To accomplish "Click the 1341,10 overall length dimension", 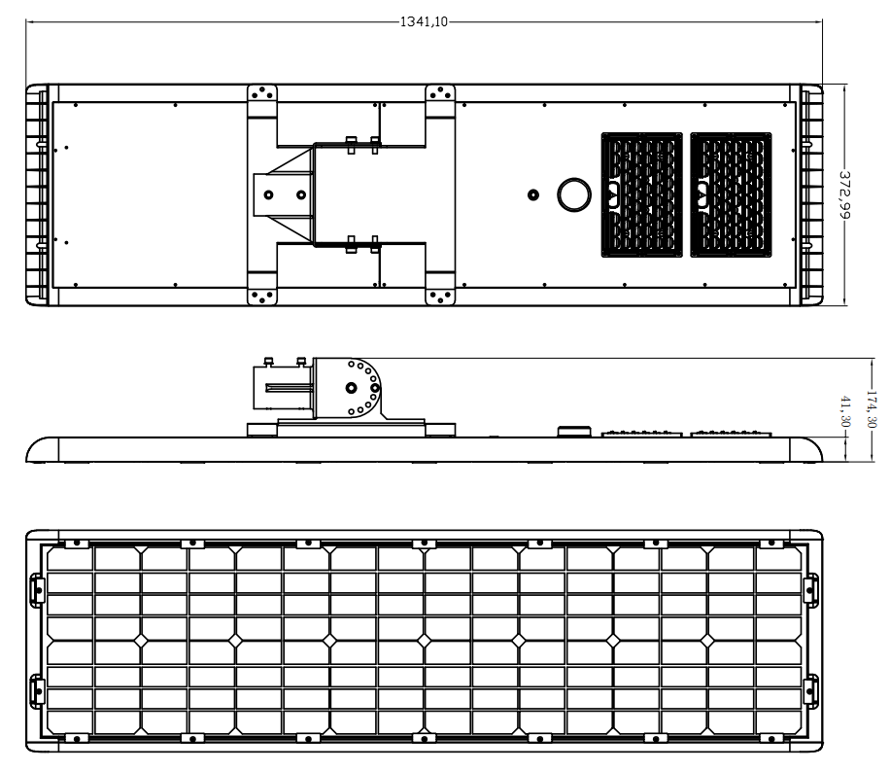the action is coord(424,21).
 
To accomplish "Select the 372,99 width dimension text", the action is coord(844,194).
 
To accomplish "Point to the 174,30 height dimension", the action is coord(872,409).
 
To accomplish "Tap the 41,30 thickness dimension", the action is coord(845,411).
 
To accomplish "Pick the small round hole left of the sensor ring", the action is coord(533,194).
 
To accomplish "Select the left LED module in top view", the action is coord(641,194).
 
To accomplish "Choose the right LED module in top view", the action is coord(731,194).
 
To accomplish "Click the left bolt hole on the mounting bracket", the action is coord(268,194).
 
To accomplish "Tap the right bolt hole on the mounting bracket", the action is coord(301,194).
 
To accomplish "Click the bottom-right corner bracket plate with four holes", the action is coord(440,296).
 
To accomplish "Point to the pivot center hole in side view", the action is coord(352,388).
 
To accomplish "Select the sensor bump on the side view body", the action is coord(574,432).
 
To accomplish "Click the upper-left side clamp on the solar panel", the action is coord(37,590).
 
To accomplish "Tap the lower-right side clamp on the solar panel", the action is coord(811,691).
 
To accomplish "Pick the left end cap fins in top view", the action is coord(37,194).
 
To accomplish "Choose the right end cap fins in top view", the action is coord(811,194).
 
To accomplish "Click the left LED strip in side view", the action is coord(641,434).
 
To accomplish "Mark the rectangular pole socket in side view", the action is coord(282,388).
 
